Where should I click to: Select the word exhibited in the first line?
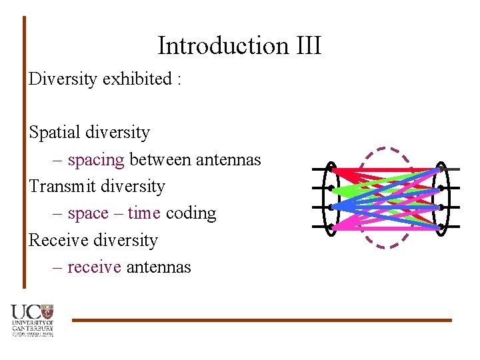(x=137, y=79)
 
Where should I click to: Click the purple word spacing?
(x=96, y=160)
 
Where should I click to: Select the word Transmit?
(x=62, y=186)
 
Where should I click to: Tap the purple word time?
(x=144, y=213)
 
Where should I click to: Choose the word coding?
(x=191, y=213)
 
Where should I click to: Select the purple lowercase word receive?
(x=94, y=267)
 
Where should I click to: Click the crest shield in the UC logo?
(x=47, y=311)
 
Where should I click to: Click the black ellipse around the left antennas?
(x=326, y=199)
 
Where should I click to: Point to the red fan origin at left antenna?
(x=333, y=171)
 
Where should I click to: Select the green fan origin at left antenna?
(x=333, y=190)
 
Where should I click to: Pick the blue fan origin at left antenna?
(x=333, y=207)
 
